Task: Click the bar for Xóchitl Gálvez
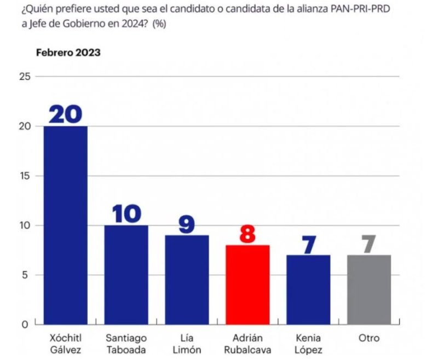(x=65, y=225)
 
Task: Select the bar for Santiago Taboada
(x=126, y=275)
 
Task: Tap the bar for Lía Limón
(x=187, y=280)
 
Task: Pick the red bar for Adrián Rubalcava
(x=247, y=284)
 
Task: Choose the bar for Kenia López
(x=308, y=289)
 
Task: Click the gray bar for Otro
(x=368, y=289)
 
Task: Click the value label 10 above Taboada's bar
(x=126, y=214)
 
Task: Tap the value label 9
(x=187, y=224)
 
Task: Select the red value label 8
(x=247, y=234)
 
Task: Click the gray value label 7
(x=368, y=243)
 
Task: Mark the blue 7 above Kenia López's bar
(x=308, y=244)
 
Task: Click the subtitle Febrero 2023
(x=68, y=53)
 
